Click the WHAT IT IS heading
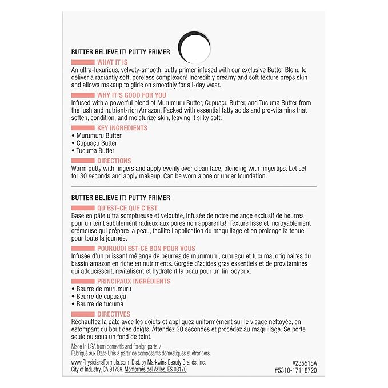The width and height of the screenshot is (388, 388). point(113,62)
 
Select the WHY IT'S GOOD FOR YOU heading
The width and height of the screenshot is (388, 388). point(131,95)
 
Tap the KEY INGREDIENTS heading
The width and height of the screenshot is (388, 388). point(122,129)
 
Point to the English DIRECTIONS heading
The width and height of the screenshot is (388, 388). point(114,161)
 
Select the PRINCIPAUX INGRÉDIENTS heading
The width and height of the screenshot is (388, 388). point(134,282)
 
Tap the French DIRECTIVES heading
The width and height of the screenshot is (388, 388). point(114,314)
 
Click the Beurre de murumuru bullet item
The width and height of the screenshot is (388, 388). point(101,289)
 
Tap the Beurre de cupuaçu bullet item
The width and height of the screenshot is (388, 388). point(99,297)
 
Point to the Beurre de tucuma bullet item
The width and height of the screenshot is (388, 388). point(98,304)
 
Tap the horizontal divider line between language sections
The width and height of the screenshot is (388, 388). point(194,187)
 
